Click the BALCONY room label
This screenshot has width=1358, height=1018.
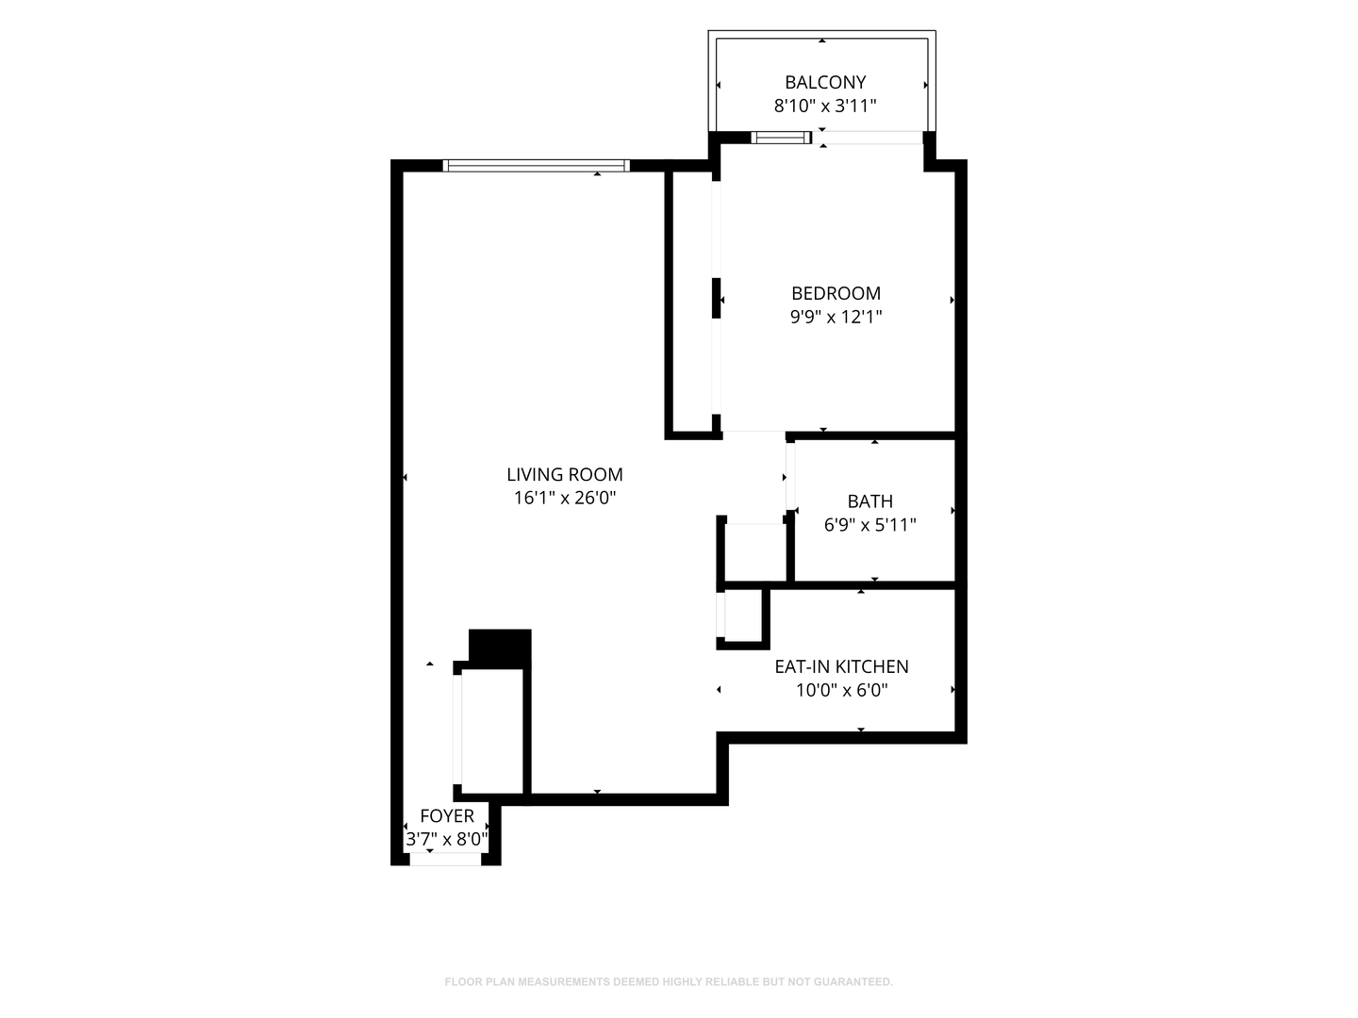click(824, 82)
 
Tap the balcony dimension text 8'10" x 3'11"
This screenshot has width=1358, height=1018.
click(824, 106)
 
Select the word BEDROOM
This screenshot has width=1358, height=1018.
click(836, 293)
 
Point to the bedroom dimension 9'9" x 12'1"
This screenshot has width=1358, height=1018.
click(836, 317)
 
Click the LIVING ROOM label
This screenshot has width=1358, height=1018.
click(564, 474)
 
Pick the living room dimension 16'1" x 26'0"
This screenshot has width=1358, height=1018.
click(564, 498)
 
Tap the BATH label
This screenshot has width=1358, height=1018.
click(869, 501)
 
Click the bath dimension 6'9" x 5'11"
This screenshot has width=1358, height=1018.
click(869, 525)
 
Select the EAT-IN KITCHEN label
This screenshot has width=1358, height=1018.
click(841, 666)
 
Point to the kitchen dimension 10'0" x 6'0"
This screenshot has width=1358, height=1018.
click(841, 690)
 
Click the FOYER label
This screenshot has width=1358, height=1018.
click(447, 816)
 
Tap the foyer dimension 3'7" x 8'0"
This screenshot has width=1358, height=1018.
click(447, 839)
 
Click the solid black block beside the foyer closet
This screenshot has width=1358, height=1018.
click(500, 649)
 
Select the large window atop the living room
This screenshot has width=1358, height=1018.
click(536, 166)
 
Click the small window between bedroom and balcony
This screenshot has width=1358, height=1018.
click(781, 138)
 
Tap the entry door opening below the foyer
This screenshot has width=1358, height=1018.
click(445, 859)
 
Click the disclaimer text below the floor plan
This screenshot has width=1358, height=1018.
click(669, 981)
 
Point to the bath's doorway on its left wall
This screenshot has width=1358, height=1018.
click(790, 477)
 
